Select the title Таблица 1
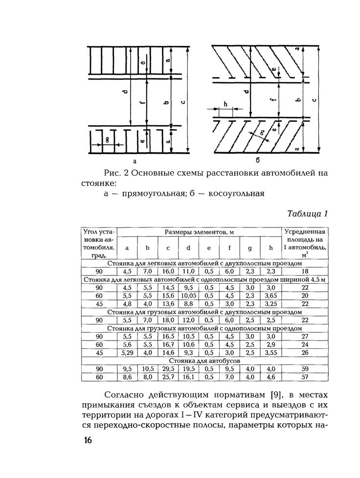pos(307,214)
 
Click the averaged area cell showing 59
pos(304,368)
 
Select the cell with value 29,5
pos(168,368)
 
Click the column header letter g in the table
pos(249,248)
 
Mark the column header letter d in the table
pos(188,248)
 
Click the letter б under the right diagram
pos(257,160)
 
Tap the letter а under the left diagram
pos(134,160)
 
